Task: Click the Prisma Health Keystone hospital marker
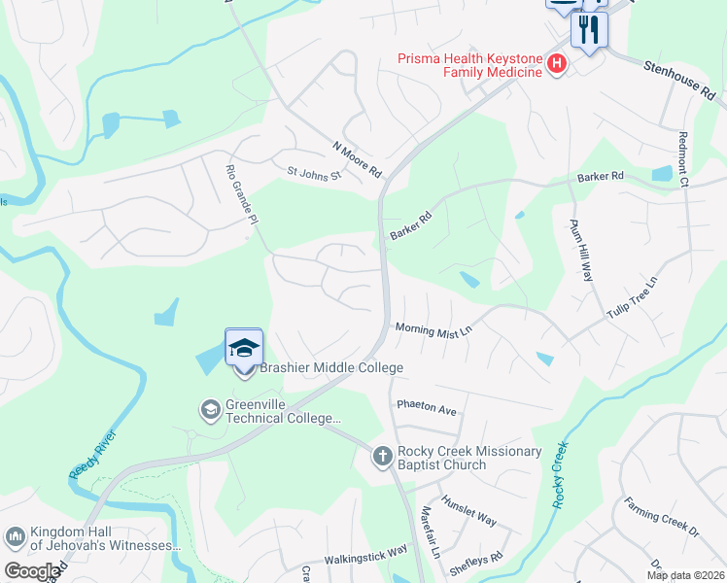(557, 65)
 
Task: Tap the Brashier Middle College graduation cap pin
(244, 347)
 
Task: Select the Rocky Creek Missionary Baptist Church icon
(383, 455)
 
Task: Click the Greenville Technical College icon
(210, 410)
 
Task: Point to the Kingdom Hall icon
(15, 536)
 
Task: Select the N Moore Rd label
(358, 159)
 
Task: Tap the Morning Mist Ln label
(433, 329)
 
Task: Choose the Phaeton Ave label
(426, 410)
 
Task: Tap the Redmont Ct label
(683, 159)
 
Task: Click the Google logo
(31, 571)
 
